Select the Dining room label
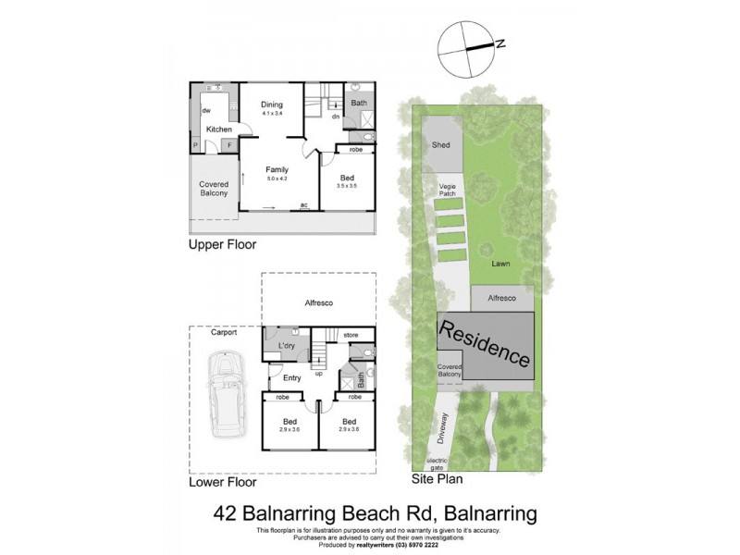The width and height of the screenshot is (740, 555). [272, 105]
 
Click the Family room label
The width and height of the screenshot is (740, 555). [277, 170]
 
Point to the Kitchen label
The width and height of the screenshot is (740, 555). [218, 129]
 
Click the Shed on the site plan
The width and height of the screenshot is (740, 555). [440, 145]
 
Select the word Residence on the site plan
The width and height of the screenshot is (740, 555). [486, 342]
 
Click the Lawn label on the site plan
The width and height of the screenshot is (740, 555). [500, 264]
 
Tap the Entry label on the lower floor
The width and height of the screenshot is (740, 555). [292, 377]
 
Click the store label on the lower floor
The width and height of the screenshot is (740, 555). [350, 334]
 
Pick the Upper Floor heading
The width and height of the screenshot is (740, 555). [222, 245]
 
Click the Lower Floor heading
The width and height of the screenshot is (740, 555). [222, 482]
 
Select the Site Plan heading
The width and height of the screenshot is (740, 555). [437, 480]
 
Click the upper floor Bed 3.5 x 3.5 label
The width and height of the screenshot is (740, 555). [347, 181]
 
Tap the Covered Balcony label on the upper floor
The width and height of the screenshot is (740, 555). [214, 190]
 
